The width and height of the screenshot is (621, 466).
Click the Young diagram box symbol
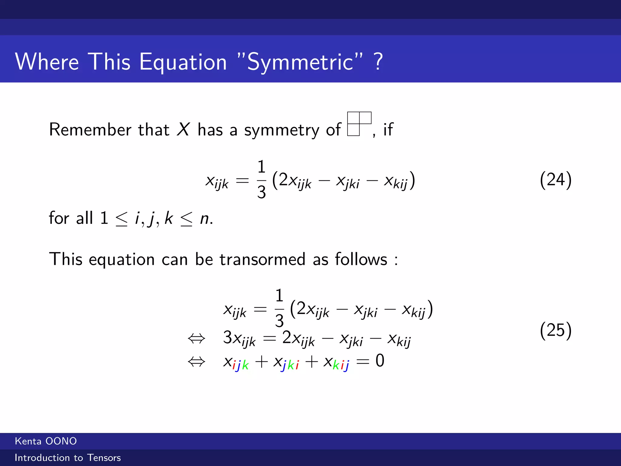[x=359, y=124]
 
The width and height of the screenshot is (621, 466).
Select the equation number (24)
[x=556, y=180]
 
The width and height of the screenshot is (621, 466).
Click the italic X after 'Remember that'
[x=183, y=130]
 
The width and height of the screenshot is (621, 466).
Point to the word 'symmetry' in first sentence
[x=282, y=130]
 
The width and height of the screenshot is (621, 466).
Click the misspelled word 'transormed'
[x=262, y=259]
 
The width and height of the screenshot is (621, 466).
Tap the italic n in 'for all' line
[x=205, y=218]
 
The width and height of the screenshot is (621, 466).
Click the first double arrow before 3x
[x=196, y=338]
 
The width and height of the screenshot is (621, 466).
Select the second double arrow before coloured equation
[x=196, y=362]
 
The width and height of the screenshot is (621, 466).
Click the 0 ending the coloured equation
[x=380, y=361]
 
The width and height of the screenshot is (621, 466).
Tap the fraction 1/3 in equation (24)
[x=261, y=180]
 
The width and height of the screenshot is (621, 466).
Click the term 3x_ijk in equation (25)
[x=239, y=338]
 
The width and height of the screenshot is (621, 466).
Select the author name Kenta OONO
[x=46, y=441]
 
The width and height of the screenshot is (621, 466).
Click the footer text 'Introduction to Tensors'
[x=68, y=458]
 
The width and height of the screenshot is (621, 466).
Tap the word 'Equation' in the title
[x=183, y=62]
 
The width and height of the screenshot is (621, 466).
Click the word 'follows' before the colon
[x=361, y=259]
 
